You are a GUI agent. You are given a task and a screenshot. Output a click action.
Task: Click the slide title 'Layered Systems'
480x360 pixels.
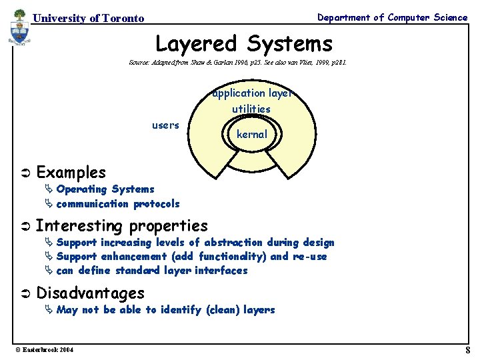click(x=243, y=44)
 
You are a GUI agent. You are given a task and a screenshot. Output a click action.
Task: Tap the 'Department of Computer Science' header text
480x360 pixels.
click(x=392, y=17)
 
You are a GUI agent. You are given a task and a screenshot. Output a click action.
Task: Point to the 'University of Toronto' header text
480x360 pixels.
click(x=88, y=18)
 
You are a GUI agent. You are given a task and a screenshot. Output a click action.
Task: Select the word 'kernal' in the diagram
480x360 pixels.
click(x=251, y=134)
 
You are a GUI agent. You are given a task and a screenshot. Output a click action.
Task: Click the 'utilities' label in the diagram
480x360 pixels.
click(x=251, y=109)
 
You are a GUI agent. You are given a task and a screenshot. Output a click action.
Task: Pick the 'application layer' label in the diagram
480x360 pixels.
click(x=252, y=93)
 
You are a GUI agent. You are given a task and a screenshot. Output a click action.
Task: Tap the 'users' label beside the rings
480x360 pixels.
click(x=165, y=125)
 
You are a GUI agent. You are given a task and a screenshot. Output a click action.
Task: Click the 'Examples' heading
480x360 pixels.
click(x=71, y=172)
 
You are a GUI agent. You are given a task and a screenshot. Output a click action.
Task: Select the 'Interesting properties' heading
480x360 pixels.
click(x=121, y=226)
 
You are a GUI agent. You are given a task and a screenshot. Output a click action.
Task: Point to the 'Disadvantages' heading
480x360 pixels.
click(x=90, y=293)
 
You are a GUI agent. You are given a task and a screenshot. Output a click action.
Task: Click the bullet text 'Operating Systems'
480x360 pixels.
click(x=105, y=189)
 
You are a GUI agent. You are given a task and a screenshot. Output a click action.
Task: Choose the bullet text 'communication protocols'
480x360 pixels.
click(x=118, y=204)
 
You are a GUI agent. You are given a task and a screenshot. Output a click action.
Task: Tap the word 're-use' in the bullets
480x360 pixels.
click(x=309, y=257)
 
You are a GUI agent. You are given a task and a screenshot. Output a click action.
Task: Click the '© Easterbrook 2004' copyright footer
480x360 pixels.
click(x=44, y=350)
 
